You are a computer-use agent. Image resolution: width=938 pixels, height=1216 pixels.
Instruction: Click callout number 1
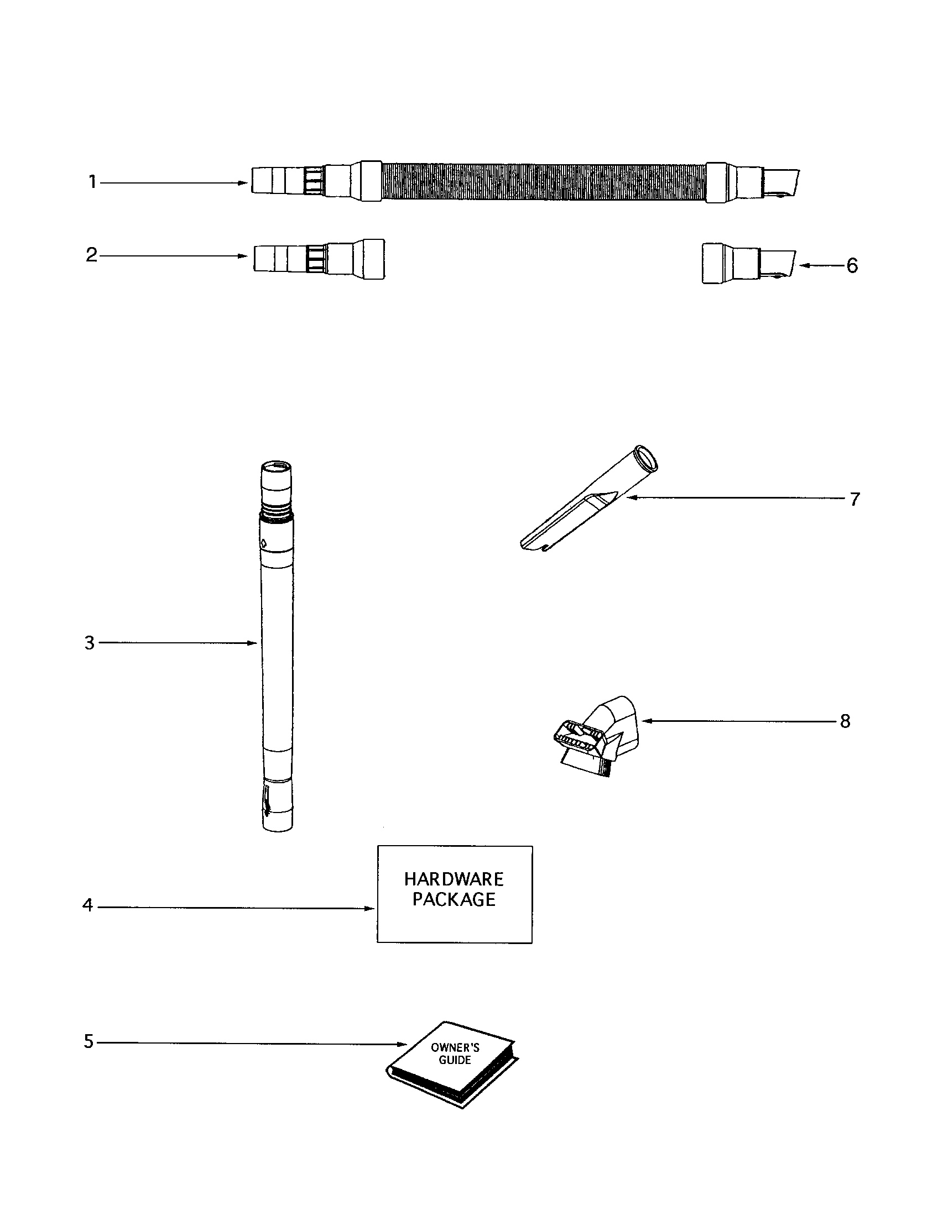pyautogui.click(x=92, y=182)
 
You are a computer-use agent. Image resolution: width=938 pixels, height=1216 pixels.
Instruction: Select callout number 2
pyautogui.click(x=91, y=255)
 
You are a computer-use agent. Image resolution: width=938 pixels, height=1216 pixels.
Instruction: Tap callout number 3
pyautogui.click(x=90, y=643)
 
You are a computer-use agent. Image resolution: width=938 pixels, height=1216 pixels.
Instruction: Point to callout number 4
pyautogui.click(x=87, y=905)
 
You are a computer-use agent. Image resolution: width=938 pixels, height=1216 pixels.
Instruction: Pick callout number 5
pyautogui.click(x=89, y=1041)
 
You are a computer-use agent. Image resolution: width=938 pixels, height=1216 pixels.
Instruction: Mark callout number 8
pyautogui.click(x=845, y=721)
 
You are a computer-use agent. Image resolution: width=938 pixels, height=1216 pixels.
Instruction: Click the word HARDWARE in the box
pyautogui.click(x=454, y=880)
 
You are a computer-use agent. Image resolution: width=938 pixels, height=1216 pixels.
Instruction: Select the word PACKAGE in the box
pyautogui.click(x=454, y=900)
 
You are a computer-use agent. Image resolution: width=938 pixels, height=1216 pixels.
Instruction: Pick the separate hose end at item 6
pyautogui.click(x=747, y=263)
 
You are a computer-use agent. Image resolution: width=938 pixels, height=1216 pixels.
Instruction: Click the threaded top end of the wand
pyautogui.click(x=277, y=490)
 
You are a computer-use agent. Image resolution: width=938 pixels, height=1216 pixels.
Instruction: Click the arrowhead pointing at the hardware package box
pyautogui.click(x=370, y=909)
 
